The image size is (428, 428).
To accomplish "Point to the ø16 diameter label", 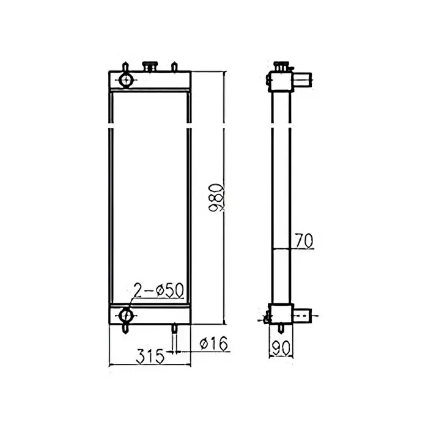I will coord(213,345).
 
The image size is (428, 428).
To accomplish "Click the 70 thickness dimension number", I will coord(303,241).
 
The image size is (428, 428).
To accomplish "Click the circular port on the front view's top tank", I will coord(126,79).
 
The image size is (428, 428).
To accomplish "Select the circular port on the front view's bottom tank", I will coord(126,315).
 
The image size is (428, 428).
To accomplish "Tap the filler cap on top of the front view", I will coord(149,66).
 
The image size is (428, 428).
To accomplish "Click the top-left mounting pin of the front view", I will coord(126,66).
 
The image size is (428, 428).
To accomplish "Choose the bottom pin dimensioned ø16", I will coord(175,330).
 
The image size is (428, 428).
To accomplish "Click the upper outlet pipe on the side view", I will coord(302,78).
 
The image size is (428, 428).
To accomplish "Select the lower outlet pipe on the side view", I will coord(302,315).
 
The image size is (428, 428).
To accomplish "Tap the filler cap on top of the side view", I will coord(281,65).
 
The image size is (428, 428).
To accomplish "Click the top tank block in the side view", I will coord(279,79).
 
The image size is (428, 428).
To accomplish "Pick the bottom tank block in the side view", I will coord(279,314).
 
